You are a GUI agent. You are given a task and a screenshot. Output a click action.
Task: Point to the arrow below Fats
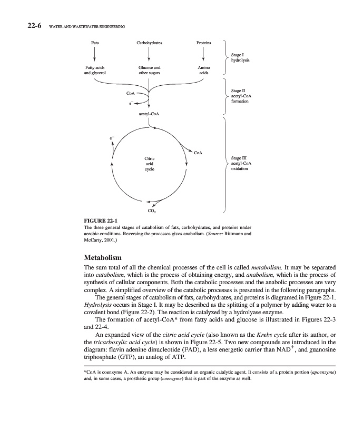point(95,53)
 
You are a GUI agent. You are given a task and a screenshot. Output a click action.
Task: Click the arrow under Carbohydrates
point(150,53)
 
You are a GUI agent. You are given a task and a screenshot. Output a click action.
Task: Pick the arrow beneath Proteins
point(204,53)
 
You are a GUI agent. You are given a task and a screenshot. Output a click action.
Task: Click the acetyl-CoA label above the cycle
point(149,114)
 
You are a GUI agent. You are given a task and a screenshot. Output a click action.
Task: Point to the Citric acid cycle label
point(149,164)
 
